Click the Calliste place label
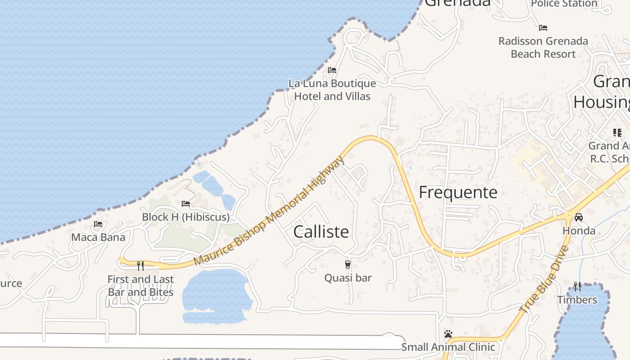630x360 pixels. pyautogui.click(x=321, y=232)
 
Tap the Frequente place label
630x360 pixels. pyautogui.click(x=458, y=193)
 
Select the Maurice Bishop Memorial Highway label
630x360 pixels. pyautogui.click(x=269, y=211)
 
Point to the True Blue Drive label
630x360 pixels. pyautogui.click(x=544, y=280)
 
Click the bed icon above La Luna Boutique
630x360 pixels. pyautogui.click(x=332, y=70)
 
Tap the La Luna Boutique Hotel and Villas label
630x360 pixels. pyautogui.click(x=332, y=90)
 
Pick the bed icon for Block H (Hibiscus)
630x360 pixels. pyautogui.click(x=186, y=204)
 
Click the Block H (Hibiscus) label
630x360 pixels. pyautogui.click(x=186, y=217)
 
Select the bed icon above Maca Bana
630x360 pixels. pyautogui.click(x=98, y=224)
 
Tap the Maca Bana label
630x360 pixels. pyautogui.click(x=98, y=237)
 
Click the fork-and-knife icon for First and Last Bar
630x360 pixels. pyautogui.click(x=140, y=266)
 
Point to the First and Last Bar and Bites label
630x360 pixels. pyautogui.click(x=140, y=286)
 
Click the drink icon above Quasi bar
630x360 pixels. pyautogui.click(x=348, y=265)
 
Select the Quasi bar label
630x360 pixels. pyautogui.click(x=348, y=278)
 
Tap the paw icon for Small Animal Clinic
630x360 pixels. pyautogui.click(x=448, y=334)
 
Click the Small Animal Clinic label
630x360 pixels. pyautogui.click(x=448, y=347)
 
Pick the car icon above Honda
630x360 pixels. pyautogui.click(x=579, y=217)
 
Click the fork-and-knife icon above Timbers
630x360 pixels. pyautogui.click(x=577, y=287)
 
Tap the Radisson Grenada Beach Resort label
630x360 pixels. pyautogui.click(x=543, y=47)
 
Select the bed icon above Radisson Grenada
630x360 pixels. pyautogui.click(x=543, y=28)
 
